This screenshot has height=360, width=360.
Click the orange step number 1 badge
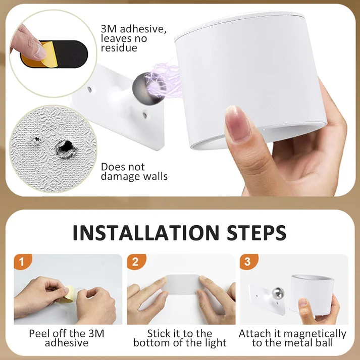tap(22, 261)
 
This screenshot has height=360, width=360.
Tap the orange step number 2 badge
tap(136, 261)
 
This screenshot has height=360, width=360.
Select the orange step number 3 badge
tap(248, 261)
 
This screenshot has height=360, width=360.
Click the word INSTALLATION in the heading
tap(146, 232)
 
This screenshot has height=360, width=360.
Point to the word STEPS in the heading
tap(256, 232)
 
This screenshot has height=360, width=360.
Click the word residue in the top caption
tap(119, 48)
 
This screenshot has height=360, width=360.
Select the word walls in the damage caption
tap(156, 176)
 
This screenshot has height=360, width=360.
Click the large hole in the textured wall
tap(66, 147)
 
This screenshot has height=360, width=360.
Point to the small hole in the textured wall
tap(36, 140)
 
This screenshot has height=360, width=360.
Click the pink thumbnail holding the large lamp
tap(238, 124)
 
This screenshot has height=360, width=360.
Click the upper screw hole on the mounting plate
tap(89, 89)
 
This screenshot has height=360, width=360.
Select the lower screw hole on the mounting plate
tap(145, 115)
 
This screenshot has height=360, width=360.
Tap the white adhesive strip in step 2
tap(183, 285)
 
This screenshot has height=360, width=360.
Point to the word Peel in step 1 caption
tap(39, 333)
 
